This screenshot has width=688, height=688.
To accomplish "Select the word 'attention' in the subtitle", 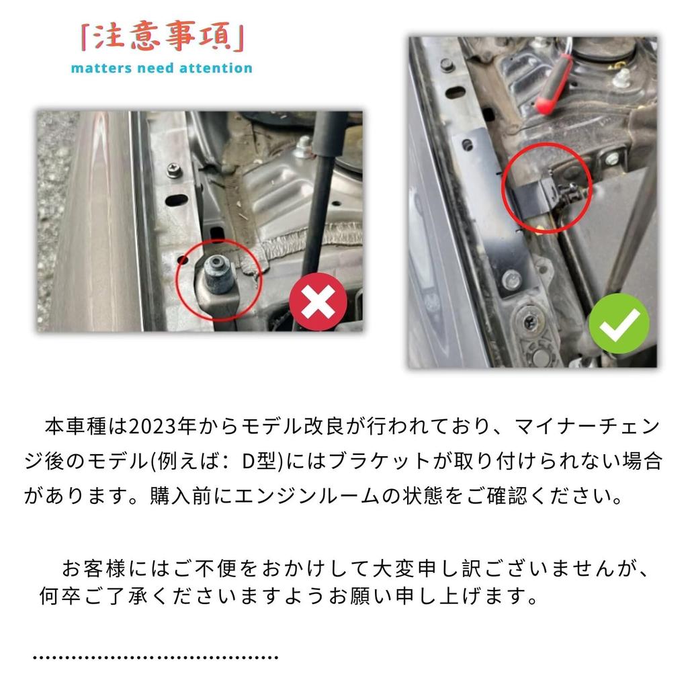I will point(213,68).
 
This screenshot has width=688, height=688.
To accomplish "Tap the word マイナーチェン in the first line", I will point(589,427).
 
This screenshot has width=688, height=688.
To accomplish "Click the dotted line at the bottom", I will point(155,656).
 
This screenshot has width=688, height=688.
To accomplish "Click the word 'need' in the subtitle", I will point(153,68).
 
